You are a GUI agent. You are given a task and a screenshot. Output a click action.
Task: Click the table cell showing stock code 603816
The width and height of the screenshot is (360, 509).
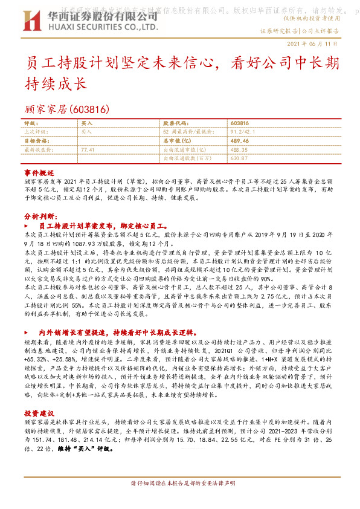pyautogui.click(x=240, y=122)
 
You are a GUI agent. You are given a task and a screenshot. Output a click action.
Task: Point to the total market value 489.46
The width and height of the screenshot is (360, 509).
pyautogui.click(x=240, y=140)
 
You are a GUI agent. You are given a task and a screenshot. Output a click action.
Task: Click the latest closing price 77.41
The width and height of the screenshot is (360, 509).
pyautogui.click(x=87, y=148)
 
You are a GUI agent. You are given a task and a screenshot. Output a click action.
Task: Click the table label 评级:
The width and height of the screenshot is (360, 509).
pyautogui.click(x=31, y=122)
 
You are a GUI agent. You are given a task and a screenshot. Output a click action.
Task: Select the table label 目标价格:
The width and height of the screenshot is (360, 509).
pyautogui.click(x=36, y=140)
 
